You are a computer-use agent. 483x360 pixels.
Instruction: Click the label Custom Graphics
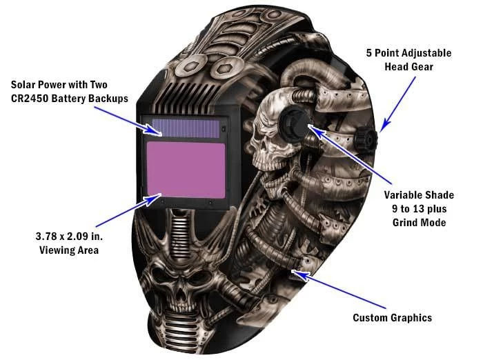click(392, 318)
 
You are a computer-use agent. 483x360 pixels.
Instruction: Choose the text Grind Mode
click(413, 223)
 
